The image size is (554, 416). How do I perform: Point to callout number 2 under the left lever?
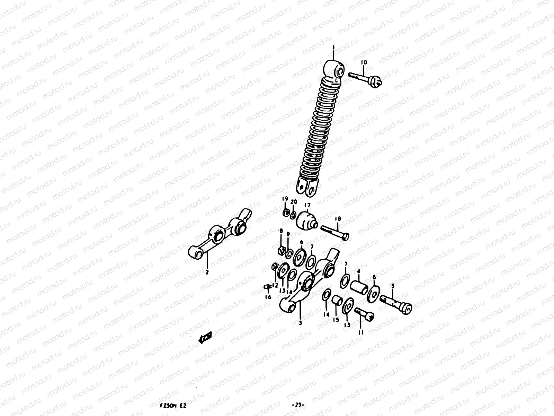click(207, 272)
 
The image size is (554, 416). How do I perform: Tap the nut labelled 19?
click(286, 213)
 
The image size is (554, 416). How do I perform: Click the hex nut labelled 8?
click(282, 250)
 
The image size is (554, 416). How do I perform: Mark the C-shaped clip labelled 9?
click(288, 254)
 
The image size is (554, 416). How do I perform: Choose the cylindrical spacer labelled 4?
click(359, 288)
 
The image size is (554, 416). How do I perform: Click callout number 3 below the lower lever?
click(300, 323)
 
